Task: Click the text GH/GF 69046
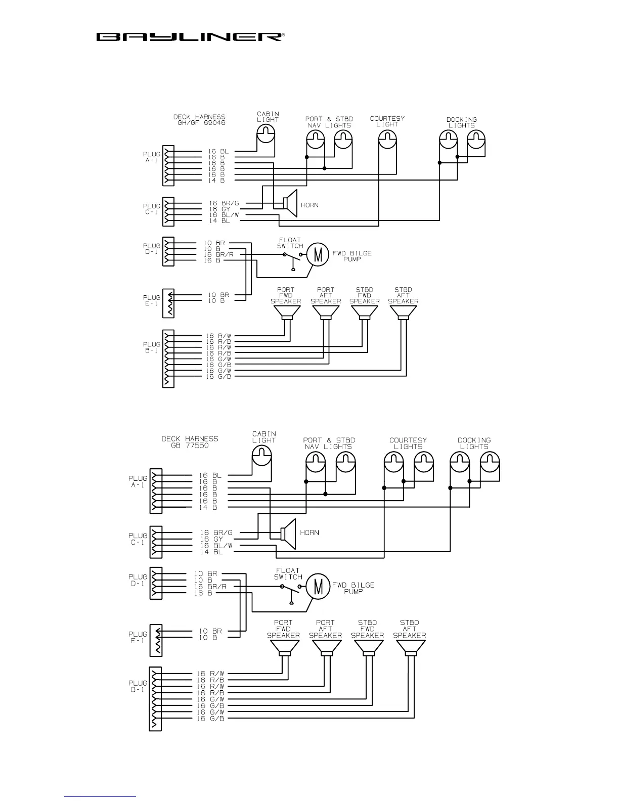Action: click(x=199, y=123)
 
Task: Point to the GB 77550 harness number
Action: click(x=190, y=446)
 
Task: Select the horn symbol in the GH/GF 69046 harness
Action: click(x=289, y=203)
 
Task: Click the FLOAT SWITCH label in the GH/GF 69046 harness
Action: click(x=290, y=243)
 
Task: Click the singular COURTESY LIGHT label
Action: click(x=387, y=121)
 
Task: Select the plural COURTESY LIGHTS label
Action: click(x=408, y=443)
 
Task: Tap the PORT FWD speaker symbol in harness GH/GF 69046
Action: click(x=286, y=313)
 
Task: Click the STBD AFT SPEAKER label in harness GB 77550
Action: click(x=410, y=629)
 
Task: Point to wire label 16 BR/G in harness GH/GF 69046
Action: click(x=224, y=203)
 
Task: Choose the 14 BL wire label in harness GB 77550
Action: click(x=211, y=552)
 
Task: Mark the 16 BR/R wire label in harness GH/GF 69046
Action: click(x=218, y=255)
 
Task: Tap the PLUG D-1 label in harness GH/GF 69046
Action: click(x=152, y=249)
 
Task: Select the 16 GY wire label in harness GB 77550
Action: click(x=211, y=539)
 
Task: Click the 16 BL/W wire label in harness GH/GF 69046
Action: click(x=224, y=215)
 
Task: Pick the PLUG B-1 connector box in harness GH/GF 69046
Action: click(x=168, y=359)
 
